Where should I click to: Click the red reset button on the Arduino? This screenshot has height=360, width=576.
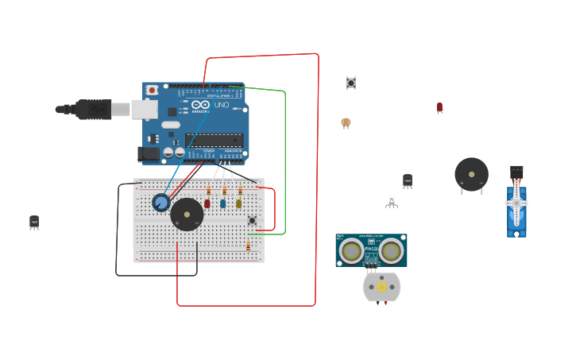(152, 91)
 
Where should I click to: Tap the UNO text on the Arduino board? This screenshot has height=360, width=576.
(221, 105)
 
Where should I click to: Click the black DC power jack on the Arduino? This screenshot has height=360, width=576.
(148, 154)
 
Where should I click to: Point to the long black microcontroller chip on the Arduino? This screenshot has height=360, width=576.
(214, 141)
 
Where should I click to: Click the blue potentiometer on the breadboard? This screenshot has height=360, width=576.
(161, 203)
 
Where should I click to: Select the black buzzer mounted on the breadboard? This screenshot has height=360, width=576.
(187, 214)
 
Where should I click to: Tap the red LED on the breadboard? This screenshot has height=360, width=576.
(207, 203)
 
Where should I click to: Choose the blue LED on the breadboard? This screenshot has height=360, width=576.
(223, 203)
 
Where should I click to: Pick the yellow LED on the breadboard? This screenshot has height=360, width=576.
(238, 203)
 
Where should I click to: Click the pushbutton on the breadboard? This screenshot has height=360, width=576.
(253, 220)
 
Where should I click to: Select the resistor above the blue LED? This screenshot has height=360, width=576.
(224, 191)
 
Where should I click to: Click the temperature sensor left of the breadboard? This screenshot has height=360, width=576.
(34, 222)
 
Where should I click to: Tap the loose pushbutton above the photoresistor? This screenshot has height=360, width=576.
(350, 83)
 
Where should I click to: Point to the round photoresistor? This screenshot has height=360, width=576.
(346, 122)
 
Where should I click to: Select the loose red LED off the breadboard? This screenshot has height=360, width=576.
(439, 106)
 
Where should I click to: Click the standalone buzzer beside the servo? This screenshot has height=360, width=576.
(471, 174)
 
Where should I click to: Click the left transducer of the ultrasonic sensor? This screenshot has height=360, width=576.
(352, 251)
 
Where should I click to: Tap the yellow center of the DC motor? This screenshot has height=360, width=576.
(381, 286)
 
